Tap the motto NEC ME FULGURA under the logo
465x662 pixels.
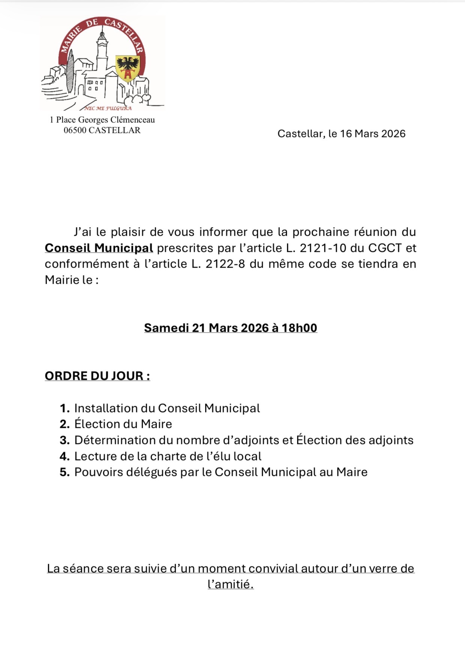[x=108, y=108]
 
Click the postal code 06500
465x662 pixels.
[x=75, y=130]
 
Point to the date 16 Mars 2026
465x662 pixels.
[x=373, y=134]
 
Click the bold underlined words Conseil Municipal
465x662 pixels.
[x=99, y=248]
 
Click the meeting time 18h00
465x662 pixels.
[x=299, y=328]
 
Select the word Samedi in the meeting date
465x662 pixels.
[x=166, y=328]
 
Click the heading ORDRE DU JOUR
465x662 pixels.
[x=97, y=376]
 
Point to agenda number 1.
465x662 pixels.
[x=65, y=408]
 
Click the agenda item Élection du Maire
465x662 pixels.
[x=123, y=424]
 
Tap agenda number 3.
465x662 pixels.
[x=65, y=440]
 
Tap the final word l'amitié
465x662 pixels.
[x=230, y=584]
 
